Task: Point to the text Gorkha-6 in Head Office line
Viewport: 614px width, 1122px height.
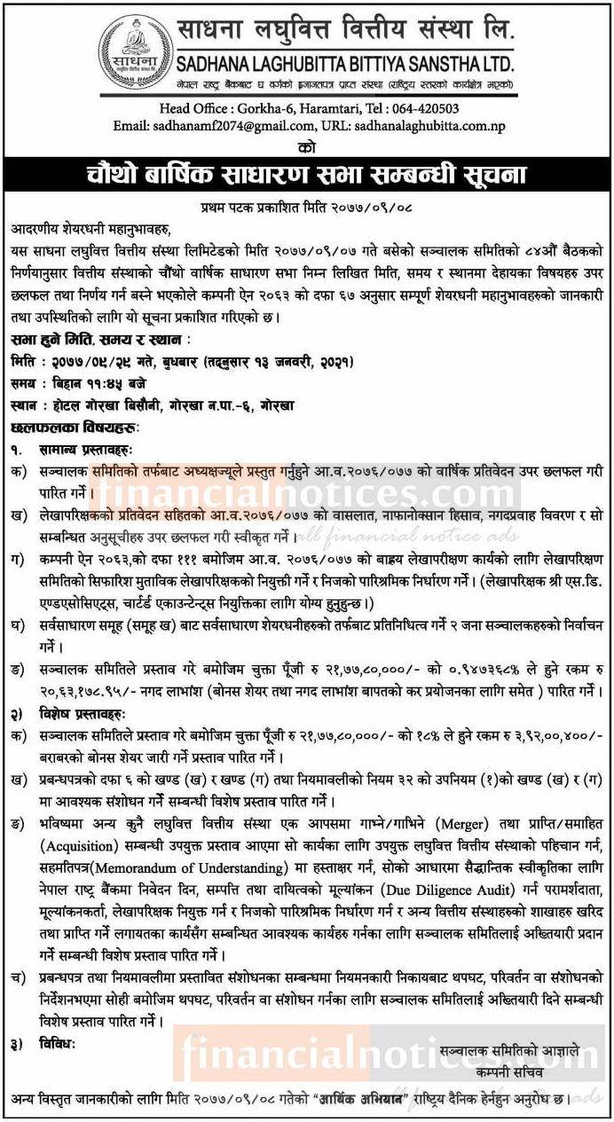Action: click(264, 109)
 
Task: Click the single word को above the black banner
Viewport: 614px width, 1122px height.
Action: click(307, 145)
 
